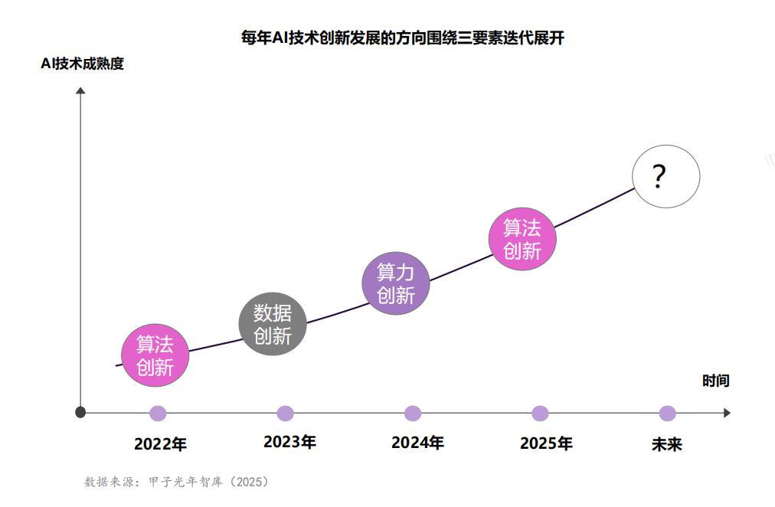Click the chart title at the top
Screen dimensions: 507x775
pyautogui.click(x=402, y=38)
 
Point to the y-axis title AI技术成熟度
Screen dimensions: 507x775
pyautogui.click(x=82, y=64)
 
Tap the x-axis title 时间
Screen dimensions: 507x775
pyautogui.click(x=715, y=381)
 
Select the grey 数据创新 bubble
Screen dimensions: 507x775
pyautogui.click(x=273, y=324)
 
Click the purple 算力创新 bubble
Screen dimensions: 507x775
pyautogui.click(x=396, y=283)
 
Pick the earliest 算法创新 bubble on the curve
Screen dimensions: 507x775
pyautogui.click(x=155, y=355)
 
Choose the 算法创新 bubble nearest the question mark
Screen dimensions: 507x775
pyautogui.click(x=522, y=238)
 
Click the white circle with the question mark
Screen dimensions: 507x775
pyautogui.click(x=665, y=176)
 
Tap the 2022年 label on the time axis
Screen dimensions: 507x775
pyautogui.click(x=160, y=444)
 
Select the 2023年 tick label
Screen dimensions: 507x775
pyautogui.click(x=289, y=442)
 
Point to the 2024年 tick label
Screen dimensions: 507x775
pyautogui.click(x=417, y=443)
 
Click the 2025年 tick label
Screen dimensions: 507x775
pyautogui.click(x=546, y=443)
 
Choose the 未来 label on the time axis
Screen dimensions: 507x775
pyautogui.click(x=666, y=444)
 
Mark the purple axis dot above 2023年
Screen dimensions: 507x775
pyautogui.click(x=285, y=414)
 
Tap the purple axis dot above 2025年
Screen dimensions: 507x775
pyautogui.click(x=540, y=414)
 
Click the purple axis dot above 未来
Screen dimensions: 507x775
pyautogui.click(x=668, y=414)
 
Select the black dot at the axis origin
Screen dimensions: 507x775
pyautogui.click(x=80, y=413)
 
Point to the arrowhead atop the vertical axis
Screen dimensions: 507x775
pyautogui.click(x=80, y=91)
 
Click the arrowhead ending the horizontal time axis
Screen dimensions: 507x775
pyautogui.click(x=726, y=413)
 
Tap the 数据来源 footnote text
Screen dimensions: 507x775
pyautogui.click(x=176, y=482)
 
